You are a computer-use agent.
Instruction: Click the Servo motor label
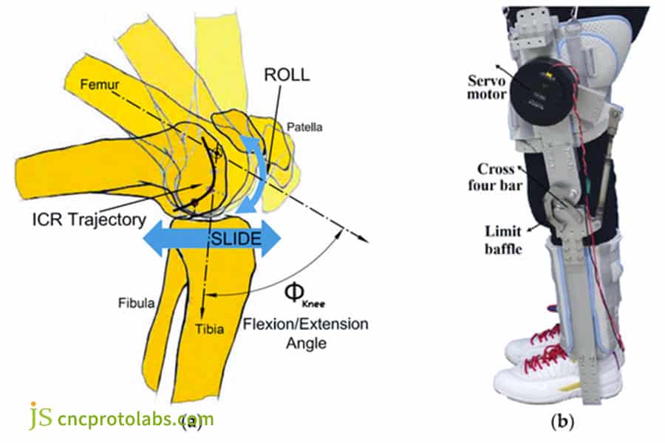pyautogui.click(x=486, y=87)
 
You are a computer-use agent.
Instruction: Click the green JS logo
pyautogui.click(x=41, y=416)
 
